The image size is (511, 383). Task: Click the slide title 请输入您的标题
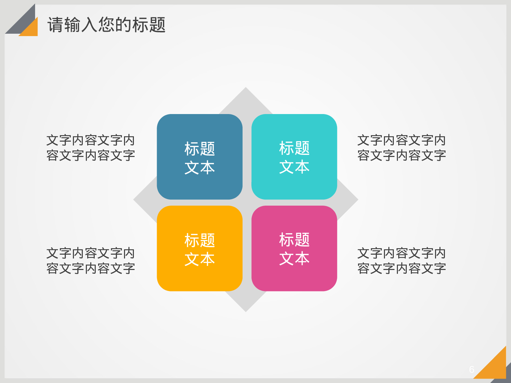106,25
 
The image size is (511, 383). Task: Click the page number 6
471,369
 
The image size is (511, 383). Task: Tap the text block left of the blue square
91,148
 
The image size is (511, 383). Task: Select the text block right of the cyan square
402,148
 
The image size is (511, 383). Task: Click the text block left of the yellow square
91,261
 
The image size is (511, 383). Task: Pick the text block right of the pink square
402,261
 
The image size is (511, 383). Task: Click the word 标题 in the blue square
200,149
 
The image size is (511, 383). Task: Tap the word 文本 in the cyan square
294,167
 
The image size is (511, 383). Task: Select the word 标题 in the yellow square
200,240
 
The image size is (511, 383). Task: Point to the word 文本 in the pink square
294,259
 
